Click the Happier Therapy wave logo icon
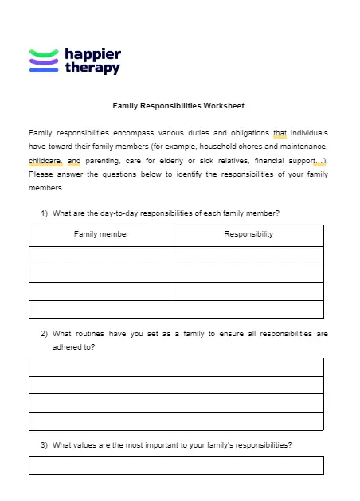pyautogui.click(x=44, y=61)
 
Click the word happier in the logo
pyautogui.click(x=92, y=54)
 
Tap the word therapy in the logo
pyautogui.click(x=92, y=68)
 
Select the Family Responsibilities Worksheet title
pyautogui.click(x=178, y=105)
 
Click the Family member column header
pyautogui.click(x=101, y=234)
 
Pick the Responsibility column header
pyautogui.click(x=248, y=234)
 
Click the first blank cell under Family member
pyautogui.click(x=101, y=255)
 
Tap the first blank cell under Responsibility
pyautogui.click(x=248, y=255)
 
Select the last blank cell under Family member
pyautogui.click(x=101, y=309)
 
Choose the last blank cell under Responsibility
pyautogui.click(x=248, y=309)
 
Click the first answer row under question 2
pyautogui.click(x=176, y=366)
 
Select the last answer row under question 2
pyautogui.click(x=176, y=421)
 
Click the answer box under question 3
pyautogui.click(x=176, y=465)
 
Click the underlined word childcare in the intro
pyautogui.click(x=45, y=160)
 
